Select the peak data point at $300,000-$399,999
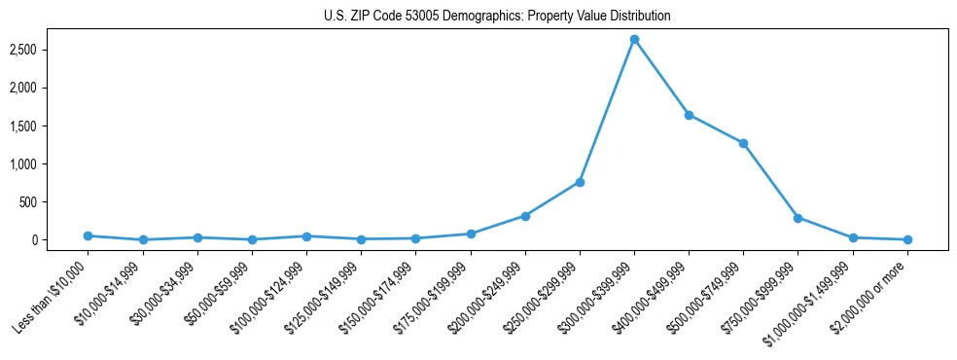coord(634,40)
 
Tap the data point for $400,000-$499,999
coord(689,115)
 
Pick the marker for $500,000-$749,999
coord(743,143)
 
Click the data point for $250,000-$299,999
coord(580,182)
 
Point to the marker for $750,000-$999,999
coord(797,218)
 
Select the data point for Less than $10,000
coord(89,235)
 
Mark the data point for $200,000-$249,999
coord(525,216)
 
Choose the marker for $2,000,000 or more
coord(906,239)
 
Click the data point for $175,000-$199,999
coord(471,234)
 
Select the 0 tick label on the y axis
coord(60,240)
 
